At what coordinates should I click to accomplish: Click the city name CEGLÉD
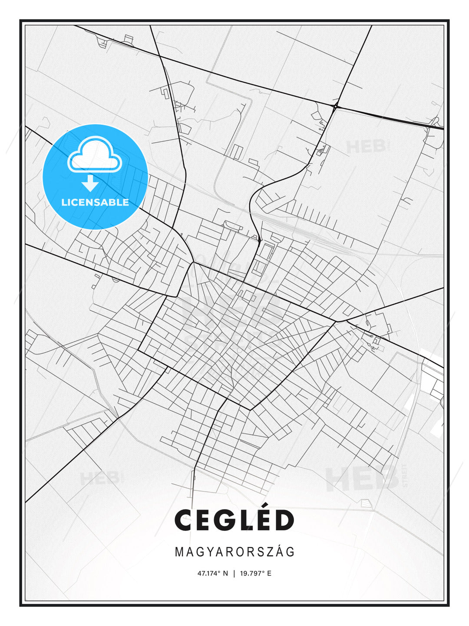(x=234, y=520)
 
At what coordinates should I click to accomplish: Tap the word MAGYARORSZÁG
(x=234, y=552)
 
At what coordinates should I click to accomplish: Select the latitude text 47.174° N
(x=212, y=573)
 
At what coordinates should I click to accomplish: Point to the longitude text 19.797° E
(x=256, y=573)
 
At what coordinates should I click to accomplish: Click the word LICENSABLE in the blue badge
(x=95, y=202)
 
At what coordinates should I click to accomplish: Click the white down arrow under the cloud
(x=90, y=183)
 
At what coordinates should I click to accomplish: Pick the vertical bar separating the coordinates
(x=234, y=573)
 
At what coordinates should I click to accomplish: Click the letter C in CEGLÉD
(x=184, y=521)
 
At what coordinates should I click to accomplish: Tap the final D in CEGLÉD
(x=284, y=521)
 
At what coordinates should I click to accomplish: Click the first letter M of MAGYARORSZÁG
(x=179, y=552)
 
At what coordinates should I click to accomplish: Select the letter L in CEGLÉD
(x=244, y=521)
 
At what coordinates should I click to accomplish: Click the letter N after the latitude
(x=225, y=573)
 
